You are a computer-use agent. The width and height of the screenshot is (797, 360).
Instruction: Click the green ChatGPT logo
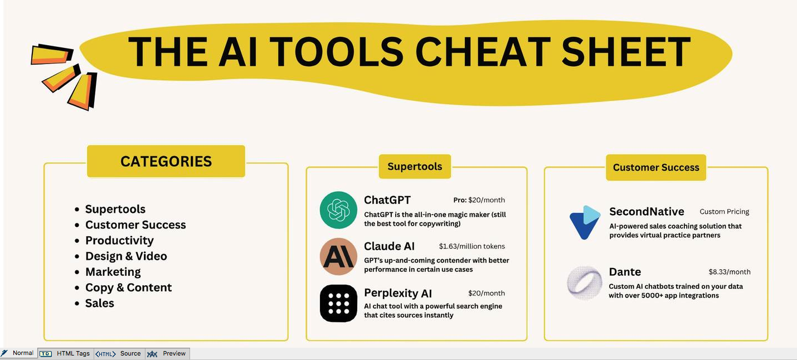[x=338, y=210]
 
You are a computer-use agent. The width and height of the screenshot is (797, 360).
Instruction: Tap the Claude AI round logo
[x=338, y=256]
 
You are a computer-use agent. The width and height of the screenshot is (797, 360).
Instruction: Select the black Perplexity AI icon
[x=338, y=304]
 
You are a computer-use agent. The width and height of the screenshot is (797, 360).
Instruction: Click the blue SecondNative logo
[x=585, y=222]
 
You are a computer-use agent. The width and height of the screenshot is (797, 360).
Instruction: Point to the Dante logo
[x=585, y=283]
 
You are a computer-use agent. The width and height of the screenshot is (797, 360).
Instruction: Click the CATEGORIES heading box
[x=166, y=161]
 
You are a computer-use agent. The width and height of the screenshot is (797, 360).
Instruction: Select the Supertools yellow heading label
[x=415, y=167]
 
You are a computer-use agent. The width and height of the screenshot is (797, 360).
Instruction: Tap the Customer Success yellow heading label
[x=656, y=167]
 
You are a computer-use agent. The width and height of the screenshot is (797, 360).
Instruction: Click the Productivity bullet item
[x=119, y=241]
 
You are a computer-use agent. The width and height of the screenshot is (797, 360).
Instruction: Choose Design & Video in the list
[x=126, y=256]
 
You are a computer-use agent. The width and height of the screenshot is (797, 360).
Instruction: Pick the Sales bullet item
[x=100, y=303]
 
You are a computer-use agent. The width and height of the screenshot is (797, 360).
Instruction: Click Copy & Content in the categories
[x=128, y=288]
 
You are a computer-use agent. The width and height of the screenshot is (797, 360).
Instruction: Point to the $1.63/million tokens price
[x=472, y=246]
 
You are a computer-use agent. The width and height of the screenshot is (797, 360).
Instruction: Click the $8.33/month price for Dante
[x=730, y=272]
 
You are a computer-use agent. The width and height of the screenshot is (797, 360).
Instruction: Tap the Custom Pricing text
[x=725, y=212]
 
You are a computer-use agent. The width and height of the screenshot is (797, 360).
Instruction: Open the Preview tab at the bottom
[x=168, y=354]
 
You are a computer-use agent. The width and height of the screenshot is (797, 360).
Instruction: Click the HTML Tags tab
[x=66, y=354]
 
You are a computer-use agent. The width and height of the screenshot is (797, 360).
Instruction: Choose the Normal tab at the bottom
[x=18, y=353]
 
